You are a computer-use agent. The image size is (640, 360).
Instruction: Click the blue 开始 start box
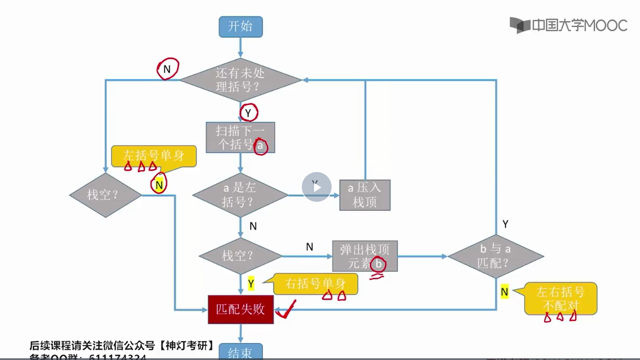pyautogui.click(x=241, y=27)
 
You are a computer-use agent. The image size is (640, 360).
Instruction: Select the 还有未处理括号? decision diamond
pyautogui.click(x=240, y=80)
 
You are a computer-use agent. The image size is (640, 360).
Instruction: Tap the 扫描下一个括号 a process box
pyautogui.click(x=240, y=137)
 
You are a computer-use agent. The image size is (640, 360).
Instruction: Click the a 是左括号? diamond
pyautogui.click(x=240, y=195)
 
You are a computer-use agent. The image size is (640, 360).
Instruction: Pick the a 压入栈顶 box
pyautogui.click(x=365, y=195)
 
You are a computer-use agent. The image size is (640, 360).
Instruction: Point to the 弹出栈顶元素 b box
pyautogui.click(x=365, y=256)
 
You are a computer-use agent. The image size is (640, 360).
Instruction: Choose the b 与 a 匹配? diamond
pyautogui.click(x=496, y=256)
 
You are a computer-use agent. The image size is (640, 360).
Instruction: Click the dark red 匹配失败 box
pyautogui.click(x=241, y=309)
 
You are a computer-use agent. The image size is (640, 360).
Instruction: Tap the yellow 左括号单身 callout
pyautogui.click(x=154, y=156)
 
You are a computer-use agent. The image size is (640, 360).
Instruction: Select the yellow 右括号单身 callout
pyautogui.click(x=315, y=284)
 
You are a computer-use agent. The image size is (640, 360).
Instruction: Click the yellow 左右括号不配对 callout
pyautogui.click(x=560, y=298)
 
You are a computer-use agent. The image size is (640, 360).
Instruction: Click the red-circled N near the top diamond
pyautogui.click(x=168, y=69)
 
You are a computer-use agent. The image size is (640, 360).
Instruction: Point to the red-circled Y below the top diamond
pyautogui.click(x=248, y=113)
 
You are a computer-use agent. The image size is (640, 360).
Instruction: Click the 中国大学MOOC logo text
pyautogui.click(x=579, y=25)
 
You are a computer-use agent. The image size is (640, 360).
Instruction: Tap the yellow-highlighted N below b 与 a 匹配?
pyautogui.click(x=505, y=292)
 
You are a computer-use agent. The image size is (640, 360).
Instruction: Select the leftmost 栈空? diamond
pyautogui.click(x=105, y=195)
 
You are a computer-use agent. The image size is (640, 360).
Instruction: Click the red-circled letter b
pyautogui.click(x=378, y=264)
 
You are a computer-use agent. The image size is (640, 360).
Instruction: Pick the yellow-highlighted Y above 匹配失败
pyautogui.click(x=251, y=284)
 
